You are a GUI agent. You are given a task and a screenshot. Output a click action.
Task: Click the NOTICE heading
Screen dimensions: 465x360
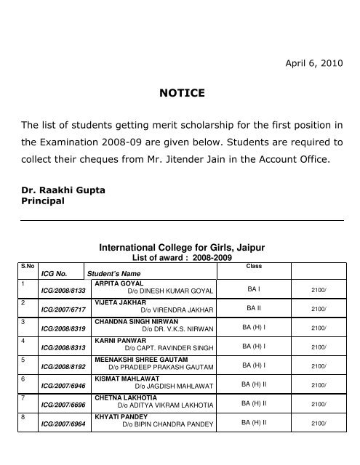point(180,93)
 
